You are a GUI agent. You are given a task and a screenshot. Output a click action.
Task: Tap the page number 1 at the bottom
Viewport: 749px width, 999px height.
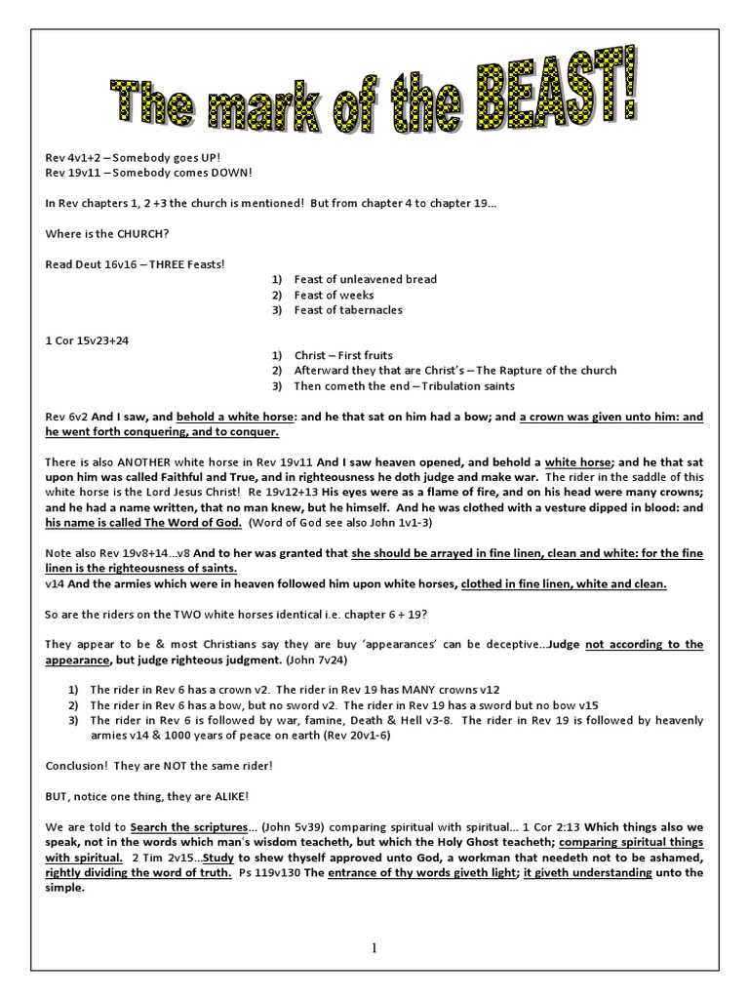(374, 947)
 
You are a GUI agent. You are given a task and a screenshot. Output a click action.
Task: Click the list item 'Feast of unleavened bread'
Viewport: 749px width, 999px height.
(365, 279)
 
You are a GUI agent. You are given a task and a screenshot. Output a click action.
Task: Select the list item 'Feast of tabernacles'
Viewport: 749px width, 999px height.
(348, 310)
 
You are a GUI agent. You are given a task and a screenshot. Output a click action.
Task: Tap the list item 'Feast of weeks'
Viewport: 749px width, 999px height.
(334, 295)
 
